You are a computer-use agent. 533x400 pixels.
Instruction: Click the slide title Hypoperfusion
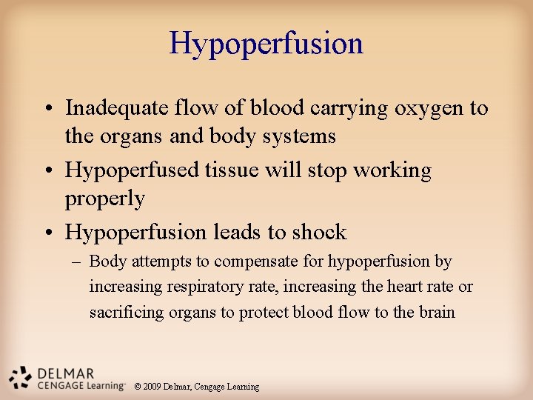point(266,43)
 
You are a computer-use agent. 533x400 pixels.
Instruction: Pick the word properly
point(105,199)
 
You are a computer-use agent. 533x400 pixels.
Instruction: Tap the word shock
point(319,233)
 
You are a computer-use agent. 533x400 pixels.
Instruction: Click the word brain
point(437,312)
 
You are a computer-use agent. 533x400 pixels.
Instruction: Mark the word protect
point(264,312)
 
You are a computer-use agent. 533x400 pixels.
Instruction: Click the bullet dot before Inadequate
point(47,109)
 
